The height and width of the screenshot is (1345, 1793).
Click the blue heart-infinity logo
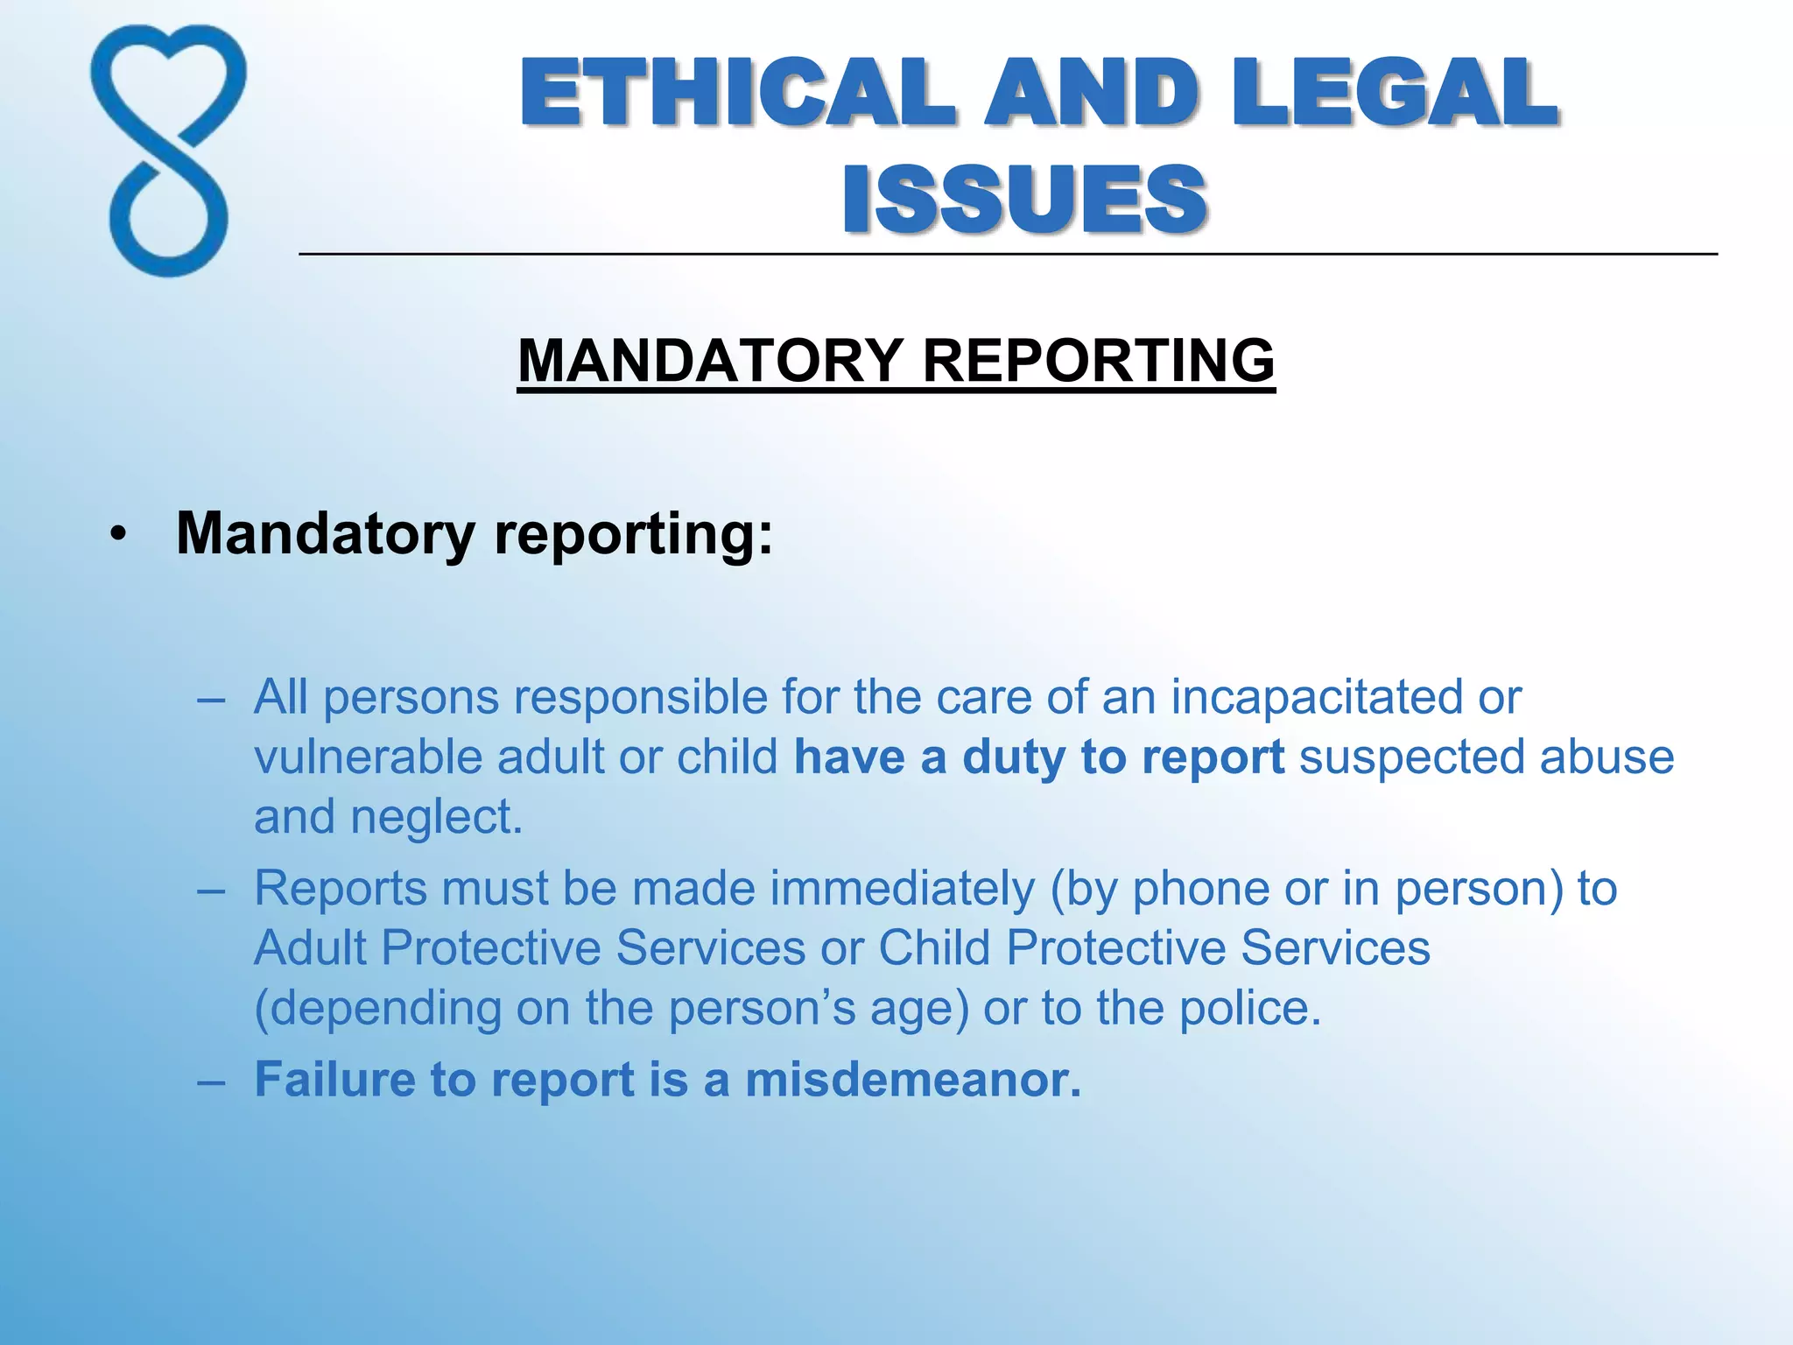pyautogui.click(x=168, y=151)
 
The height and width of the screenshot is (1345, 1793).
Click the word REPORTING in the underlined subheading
pyautogui.click(x=1099, y=361)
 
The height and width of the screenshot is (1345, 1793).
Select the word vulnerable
pyautogui.click(x=368, y=757)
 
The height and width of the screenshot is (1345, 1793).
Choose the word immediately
pyautogui.click(x=903, y=889)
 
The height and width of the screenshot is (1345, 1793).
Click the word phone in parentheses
pyautogui.click(x=1200, y=889)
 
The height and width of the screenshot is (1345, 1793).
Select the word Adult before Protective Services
pyautogui.click(x=310, y=948)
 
